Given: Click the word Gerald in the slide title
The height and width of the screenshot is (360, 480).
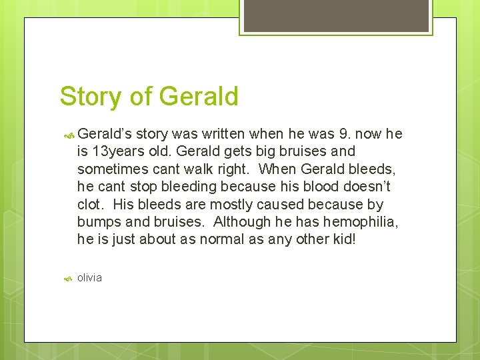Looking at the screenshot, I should pos(199,97).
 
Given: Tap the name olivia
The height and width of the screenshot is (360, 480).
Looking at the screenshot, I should pos(89,277).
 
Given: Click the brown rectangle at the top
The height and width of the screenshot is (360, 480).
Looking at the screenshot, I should pos(335,15).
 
